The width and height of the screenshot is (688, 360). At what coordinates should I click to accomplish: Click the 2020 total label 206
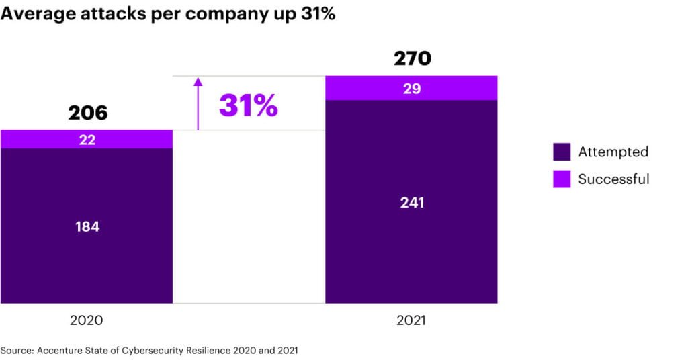tap(87, 113)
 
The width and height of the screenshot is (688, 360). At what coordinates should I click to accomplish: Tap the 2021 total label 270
tap(412, 59)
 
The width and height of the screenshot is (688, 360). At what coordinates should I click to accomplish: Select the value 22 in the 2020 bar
tap(87, 140)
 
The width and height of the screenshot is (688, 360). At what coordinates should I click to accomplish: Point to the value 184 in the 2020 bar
tap(87, 226)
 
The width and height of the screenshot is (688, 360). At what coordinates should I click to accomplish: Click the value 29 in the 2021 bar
tap(412, 89)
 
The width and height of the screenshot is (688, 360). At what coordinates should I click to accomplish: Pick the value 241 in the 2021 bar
tap(412, 202)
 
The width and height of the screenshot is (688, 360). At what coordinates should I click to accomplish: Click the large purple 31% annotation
tap(248, 105)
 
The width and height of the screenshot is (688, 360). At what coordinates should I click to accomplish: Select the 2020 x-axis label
tap(87, 320)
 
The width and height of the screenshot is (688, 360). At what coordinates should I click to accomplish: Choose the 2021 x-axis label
tap(411, 320)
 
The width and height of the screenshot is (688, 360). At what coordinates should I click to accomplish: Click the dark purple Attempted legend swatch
tap(562, 152)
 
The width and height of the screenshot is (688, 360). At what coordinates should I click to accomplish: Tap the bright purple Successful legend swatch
tap(562, 179)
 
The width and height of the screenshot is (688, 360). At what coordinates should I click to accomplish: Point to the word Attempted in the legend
tap(613, 152)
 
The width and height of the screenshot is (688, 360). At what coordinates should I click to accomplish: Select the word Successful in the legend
tap(613, 179)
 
